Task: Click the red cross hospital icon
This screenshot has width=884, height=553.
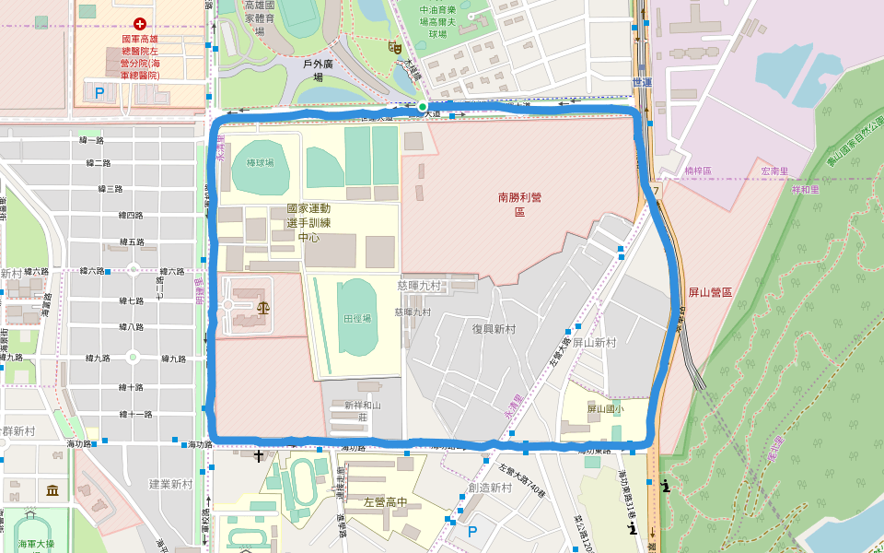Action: coord(140,22)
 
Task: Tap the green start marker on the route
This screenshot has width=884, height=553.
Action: coord(422,107)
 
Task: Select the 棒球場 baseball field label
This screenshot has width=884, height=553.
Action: coord(260,162)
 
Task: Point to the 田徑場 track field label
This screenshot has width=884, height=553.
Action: coord(357,318)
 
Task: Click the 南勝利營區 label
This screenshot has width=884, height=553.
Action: coord(520,204)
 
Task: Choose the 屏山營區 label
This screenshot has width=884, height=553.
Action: coord(710,291)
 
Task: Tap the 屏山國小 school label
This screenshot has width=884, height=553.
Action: coord(606,408)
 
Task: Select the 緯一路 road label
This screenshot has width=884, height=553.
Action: coord(93,139)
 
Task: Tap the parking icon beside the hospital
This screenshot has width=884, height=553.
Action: coord(99,92)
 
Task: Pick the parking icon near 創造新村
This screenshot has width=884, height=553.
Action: coord(473,531)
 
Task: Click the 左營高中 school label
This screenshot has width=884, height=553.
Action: coord(386,502)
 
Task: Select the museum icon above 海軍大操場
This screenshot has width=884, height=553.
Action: coord(51,489)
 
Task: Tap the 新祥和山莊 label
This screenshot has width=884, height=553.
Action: coord(363,411)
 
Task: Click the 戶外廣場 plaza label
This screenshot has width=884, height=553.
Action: coord(318,71)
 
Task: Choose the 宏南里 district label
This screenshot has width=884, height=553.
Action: coord(776,171)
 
